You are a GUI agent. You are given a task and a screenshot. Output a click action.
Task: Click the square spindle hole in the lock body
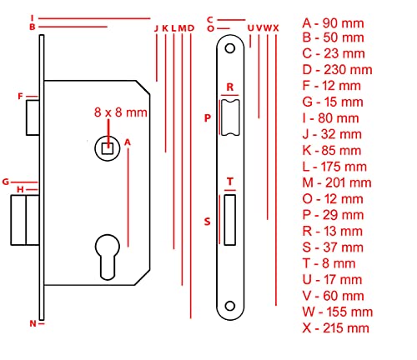108,148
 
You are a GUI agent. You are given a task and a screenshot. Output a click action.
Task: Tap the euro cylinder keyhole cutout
108,257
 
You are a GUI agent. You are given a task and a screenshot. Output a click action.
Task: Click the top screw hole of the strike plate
230,48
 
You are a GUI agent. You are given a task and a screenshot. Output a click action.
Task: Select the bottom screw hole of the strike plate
230,306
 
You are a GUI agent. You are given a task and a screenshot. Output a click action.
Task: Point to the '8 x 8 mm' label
120,112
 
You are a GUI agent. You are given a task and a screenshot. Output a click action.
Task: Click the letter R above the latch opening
230,87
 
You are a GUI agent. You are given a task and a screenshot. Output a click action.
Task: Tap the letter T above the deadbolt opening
230,182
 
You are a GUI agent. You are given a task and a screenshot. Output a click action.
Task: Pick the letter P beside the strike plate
208,118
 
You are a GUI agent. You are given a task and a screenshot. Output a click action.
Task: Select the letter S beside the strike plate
208,222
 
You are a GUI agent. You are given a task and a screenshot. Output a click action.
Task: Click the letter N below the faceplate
33,323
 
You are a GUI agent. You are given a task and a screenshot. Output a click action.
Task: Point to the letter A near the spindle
128,142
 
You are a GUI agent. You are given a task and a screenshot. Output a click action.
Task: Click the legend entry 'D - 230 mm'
337,70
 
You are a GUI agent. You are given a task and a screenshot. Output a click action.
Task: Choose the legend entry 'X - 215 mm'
336,328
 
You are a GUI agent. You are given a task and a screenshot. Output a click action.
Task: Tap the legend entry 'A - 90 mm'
333,23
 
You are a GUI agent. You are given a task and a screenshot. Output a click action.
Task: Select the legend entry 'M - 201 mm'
337,182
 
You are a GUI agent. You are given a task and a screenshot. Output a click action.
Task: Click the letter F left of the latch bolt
20,97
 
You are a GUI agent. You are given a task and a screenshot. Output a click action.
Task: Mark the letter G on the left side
6,182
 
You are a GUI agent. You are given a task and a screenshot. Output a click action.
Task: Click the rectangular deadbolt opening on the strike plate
230,220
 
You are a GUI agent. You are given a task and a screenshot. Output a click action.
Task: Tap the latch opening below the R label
230,117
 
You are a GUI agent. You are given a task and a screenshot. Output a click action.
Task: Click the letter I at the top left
33,18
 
